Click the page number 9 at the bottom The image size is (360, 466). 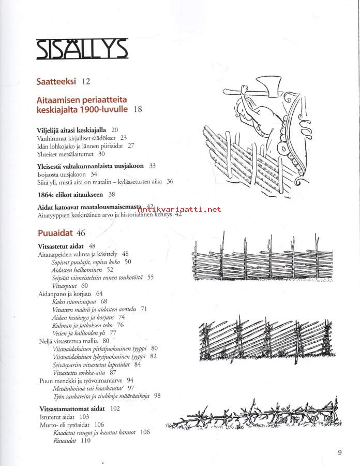[x=339, y=453]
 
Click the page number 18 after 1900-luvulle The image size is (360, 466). [x=138, y=109]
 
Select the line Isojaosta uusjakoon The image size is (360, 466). [x=63, y=174]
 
